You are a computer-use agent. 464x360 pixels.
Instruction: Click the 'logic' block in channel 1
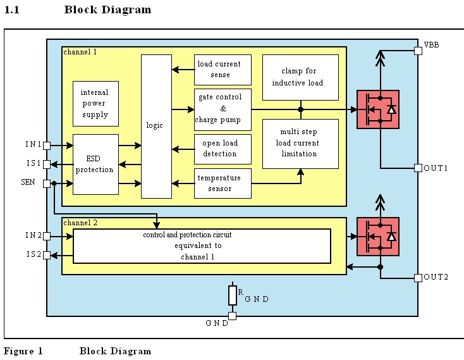[156, 126]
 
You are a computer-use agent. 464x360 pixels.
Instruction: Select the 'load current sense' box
[222, 70]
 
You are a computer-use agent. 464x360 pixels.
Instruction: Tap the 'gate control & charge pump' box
[222, 109]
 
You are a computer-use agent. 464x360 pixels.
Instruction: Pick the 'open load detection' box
[222, 149]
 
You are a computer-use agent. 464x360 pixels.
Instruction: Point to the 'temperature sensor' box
[222, 183]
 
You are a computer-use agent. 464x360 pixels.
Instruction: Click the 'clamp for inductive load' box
[300, 77]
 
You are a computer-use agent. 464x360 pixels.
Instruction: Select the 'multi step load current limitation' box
[300, 144]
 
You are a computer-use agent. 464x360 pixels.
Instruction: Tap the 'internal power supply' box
[95, 104]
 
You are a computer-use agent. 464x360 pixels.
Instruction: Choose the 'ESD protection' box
[95, 164]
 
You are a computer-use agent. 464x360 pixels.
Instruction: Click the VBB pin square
[418, 51]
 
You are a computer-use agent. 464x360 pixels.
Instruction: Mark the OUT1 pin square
[418, 168]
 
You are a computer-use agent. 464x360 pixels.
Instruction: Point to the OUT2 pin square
[418, 278]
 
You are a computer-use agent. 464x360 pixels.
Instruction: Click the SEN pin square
[47, 183]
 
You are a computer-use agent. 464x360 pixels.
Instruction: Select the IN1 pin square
[47, 146]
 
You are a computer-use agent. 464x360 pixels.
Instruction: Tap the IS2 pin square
[47, 255]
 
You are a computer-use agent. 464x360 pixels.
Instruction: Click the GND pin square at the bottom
[232, 316]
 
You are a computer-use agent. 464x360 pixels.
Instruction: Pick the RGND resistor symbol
[232, 295]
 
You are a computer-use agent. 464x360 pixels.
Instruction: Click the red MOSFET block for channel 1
[377, 109]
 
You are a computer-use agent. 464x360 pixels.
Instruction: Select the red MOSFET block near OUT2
[377, 237]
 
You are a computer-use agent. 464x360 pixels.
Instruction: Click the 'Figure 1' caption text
[23, 351]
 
